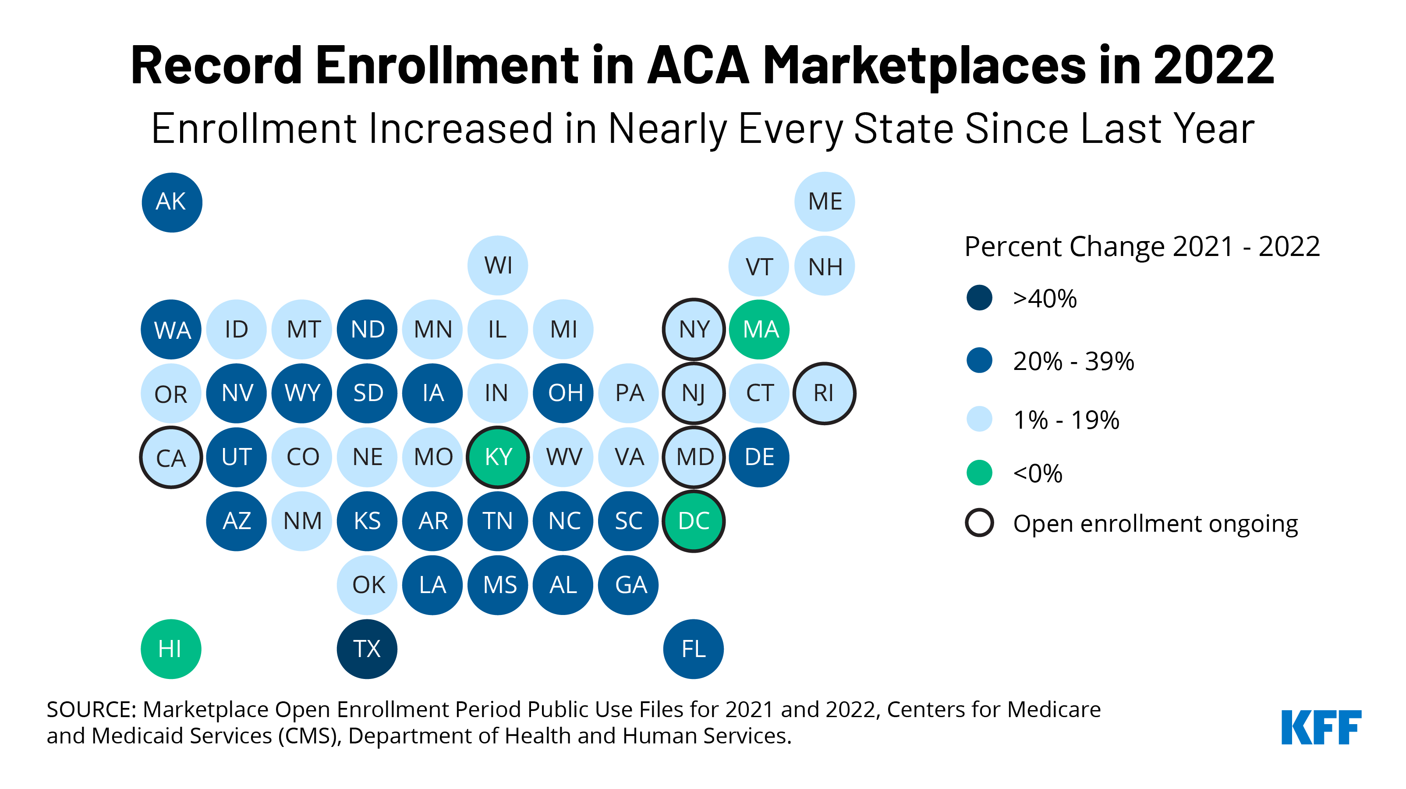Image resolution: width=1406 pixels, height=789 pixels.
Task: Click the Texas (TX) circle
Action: pyautogui.click(x=367, y=649)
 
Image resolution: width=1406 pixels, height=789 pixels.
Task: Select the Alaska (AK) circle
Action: pyautogui.click(x=171, y=202)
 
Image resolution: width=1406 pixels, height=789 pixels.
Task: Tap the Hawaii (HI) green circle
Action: pyautogui.click(x=171, y=649)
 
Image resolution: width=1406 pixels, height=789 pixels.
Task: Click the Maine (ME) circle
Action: pyautogui.click(x=824, y=202)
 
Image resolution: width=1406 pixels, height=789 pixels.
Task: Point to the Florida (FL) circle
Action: pyautogui.click(x=693, y=649)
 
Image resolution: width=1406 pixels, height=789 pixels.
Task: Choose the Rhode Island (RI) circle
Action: pyautogui.click(x=824, y=393)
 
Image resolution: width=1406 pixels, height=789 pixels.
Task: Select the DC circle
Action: pyautogui.click(x=693, y=521)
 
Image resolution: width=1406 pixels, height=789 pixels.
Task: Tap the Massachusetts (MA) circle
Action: pyautogui.click(x=759, y=329)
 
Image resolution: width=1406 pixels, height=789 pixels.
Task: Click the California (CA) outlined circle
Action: pyautogui.click(x=171, y=458)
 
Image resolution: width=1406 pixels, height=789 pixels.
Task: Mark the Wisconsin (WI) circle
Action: pyautogui.click(x=498, y=265)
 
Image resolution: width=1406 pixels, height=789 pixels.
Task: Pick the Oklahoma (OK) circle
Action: pyautogui.click(x=367, y=585)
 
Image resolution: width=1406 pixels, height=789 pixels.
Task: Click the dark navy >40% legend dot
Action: pyautogui.click(x=979, y=298)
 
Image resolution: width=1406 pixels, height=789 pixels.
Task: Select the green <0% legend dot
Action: pyautogui.click(x=979, y=473)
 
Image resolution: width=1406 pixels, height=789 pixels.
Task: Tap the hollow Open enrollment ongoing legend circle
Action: pyautogui.click(x=979, y=523)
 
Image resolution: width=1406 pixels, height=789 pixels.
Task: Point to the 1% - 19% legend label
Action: pyautogui.click(x=1066, y=420)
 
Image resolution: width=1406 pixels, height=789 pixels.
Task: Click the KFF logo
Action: pyautogui.click(x=1321, y=727)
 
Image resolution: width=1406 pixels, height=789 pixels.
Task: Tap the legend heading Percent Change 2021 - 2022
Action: pyautogui.click(x=1142, y=247)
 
